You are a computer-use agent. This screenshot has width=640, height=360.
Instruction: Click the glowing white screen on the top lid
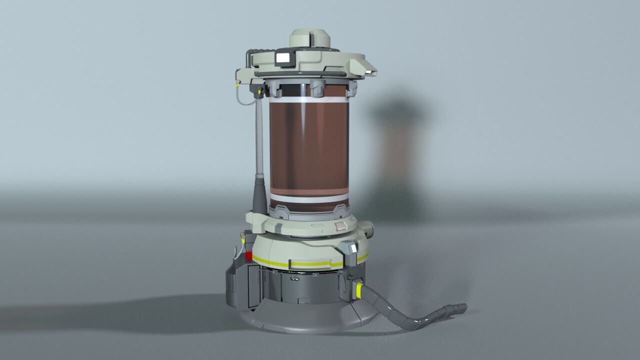[x=284, y=57]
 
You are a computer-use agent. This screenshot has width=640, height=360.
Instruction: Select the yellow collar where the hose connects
[x=359, y=289]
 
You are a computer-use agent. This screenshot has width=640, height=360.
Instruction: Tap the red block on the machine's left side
[x=248, y=255]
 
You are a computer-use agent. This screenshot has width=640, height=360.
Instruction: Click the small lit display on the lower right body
[x=354, y=247]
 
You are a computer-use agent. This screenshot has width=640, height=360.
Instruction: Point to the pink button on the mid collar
[x=340, y=226]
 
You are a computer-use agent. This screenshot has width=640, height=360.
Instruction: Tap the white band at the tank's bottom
[x=308, y=198]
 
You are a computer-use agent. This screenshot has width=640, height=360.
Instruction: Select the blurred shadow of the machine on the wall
[x=397, y=155]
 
